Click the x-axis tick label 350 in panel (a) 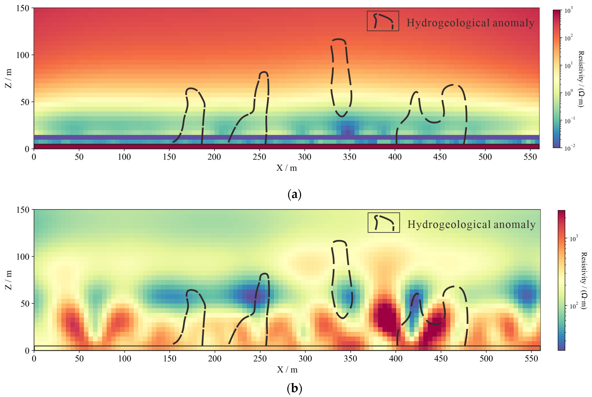pyautogui.click(x=350, y=157)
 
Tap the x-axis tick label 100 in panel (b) pyautogui.click(x=125, y=359)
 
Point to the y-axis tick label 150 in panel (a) pyautogui.click(x=23, y=8)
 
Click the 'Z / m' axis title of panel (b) pyautogui.click(x=9, y=280)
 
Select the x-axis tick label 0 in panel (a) pyautogui.click(x=34, y=157)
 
